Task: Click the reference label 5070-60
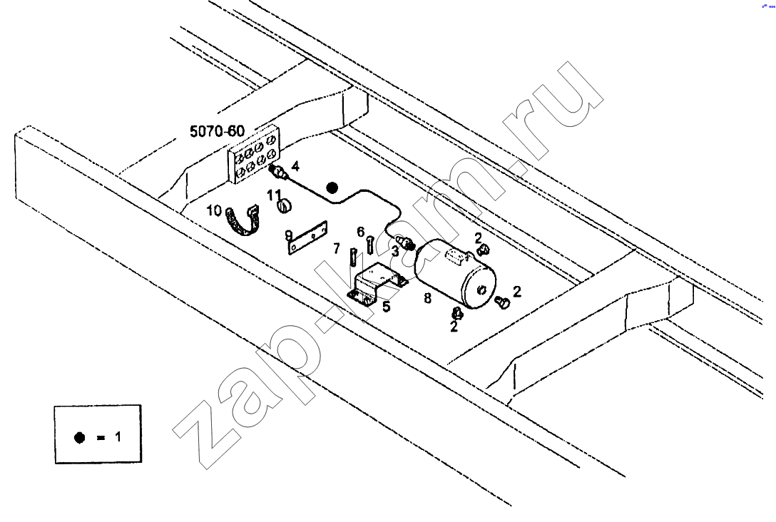coord(218,131)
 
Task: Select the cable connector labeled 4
coord(279,173)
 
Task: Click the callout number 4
coord(295,165)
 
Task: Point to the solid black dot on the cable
coord(332,188)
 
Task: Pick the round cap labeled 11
coord(285,205)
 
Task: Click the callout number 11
coord(274,195)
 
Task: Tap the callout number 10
coord(214,211)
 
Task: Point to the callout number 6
coord(361,232)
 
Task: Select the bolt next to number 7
coord(353,257)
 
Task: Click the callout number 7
coord(337,248)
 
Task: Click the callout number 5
coord(386,307)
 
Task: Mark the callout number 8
coord(427,298)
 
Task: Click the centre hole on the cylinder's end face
coord(481,290)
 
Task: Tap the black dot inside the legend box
coord(79,437)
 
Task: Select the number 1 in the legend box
coord(118,437)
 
